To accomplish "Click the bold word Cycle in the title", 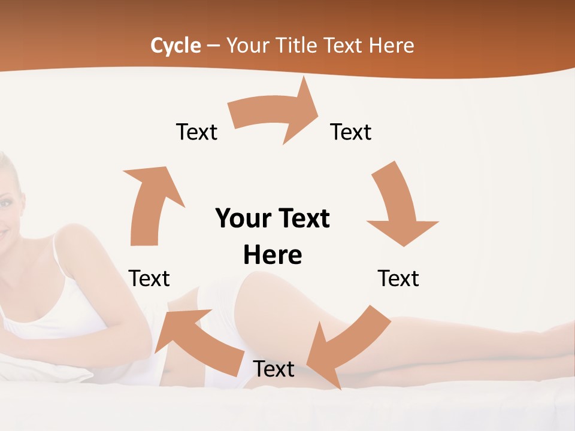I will point(175,45).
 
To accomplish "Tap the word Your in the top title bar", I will point(247,45).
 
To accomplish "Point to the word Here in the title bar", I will point(392,45).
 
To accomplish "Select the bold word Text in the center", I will point(302,218).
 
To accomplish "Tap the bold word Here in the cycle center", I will point(273,255).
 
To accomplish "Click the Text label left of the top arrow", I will point(196,132).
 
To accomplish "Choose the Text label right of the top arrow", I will point(351,132).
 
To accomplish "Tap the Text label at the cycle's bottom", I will point(274,369).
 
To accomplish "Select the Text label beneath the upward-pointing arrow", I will point(149,278).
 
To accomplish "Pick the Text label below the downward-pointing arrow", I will point(398,278).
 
